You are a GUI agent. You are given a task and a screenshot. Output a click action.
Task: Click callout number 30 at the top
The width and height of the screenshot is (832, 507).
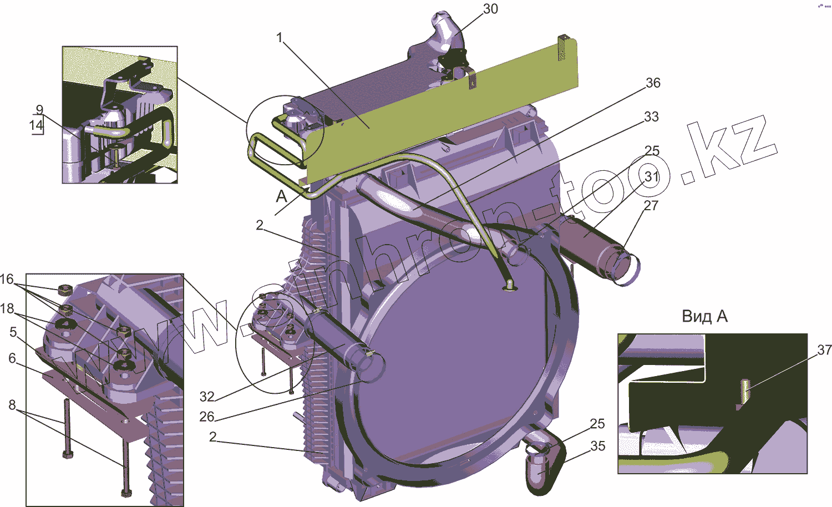pos(490,8)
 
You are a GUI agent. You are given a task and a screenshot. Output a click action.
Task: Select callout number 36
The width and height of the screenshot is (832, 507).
pos(653,83)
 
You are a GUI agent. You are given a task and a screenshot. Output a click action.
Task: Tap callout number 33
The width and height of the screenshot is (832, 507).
pos(651,116)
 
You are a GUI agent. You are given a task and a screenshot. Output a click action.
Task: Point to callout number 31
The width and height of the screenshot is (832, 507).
pos(652,176)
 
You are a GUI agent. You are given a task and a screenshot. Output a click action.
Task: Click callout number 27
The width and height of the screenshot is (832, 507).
pos(651,205)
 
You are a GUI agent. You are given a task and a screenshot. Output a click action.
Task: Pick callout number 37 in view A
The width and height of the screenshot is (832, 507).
pos(824,349)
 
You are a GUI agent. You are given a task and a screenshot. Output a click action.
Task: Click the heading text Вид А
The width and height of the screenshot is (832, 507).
pos(704,316)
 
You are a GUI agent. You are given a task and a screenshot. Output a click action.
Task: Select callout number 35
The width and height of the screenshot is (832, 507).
pos(597,446)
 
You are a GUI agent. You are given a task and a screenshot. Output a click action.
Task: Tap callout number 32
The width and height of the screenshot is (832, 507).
pos(207,397)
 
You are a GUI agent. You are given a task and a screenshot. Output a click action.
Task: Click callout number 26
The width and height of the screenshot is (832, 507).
pos(207,417)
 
